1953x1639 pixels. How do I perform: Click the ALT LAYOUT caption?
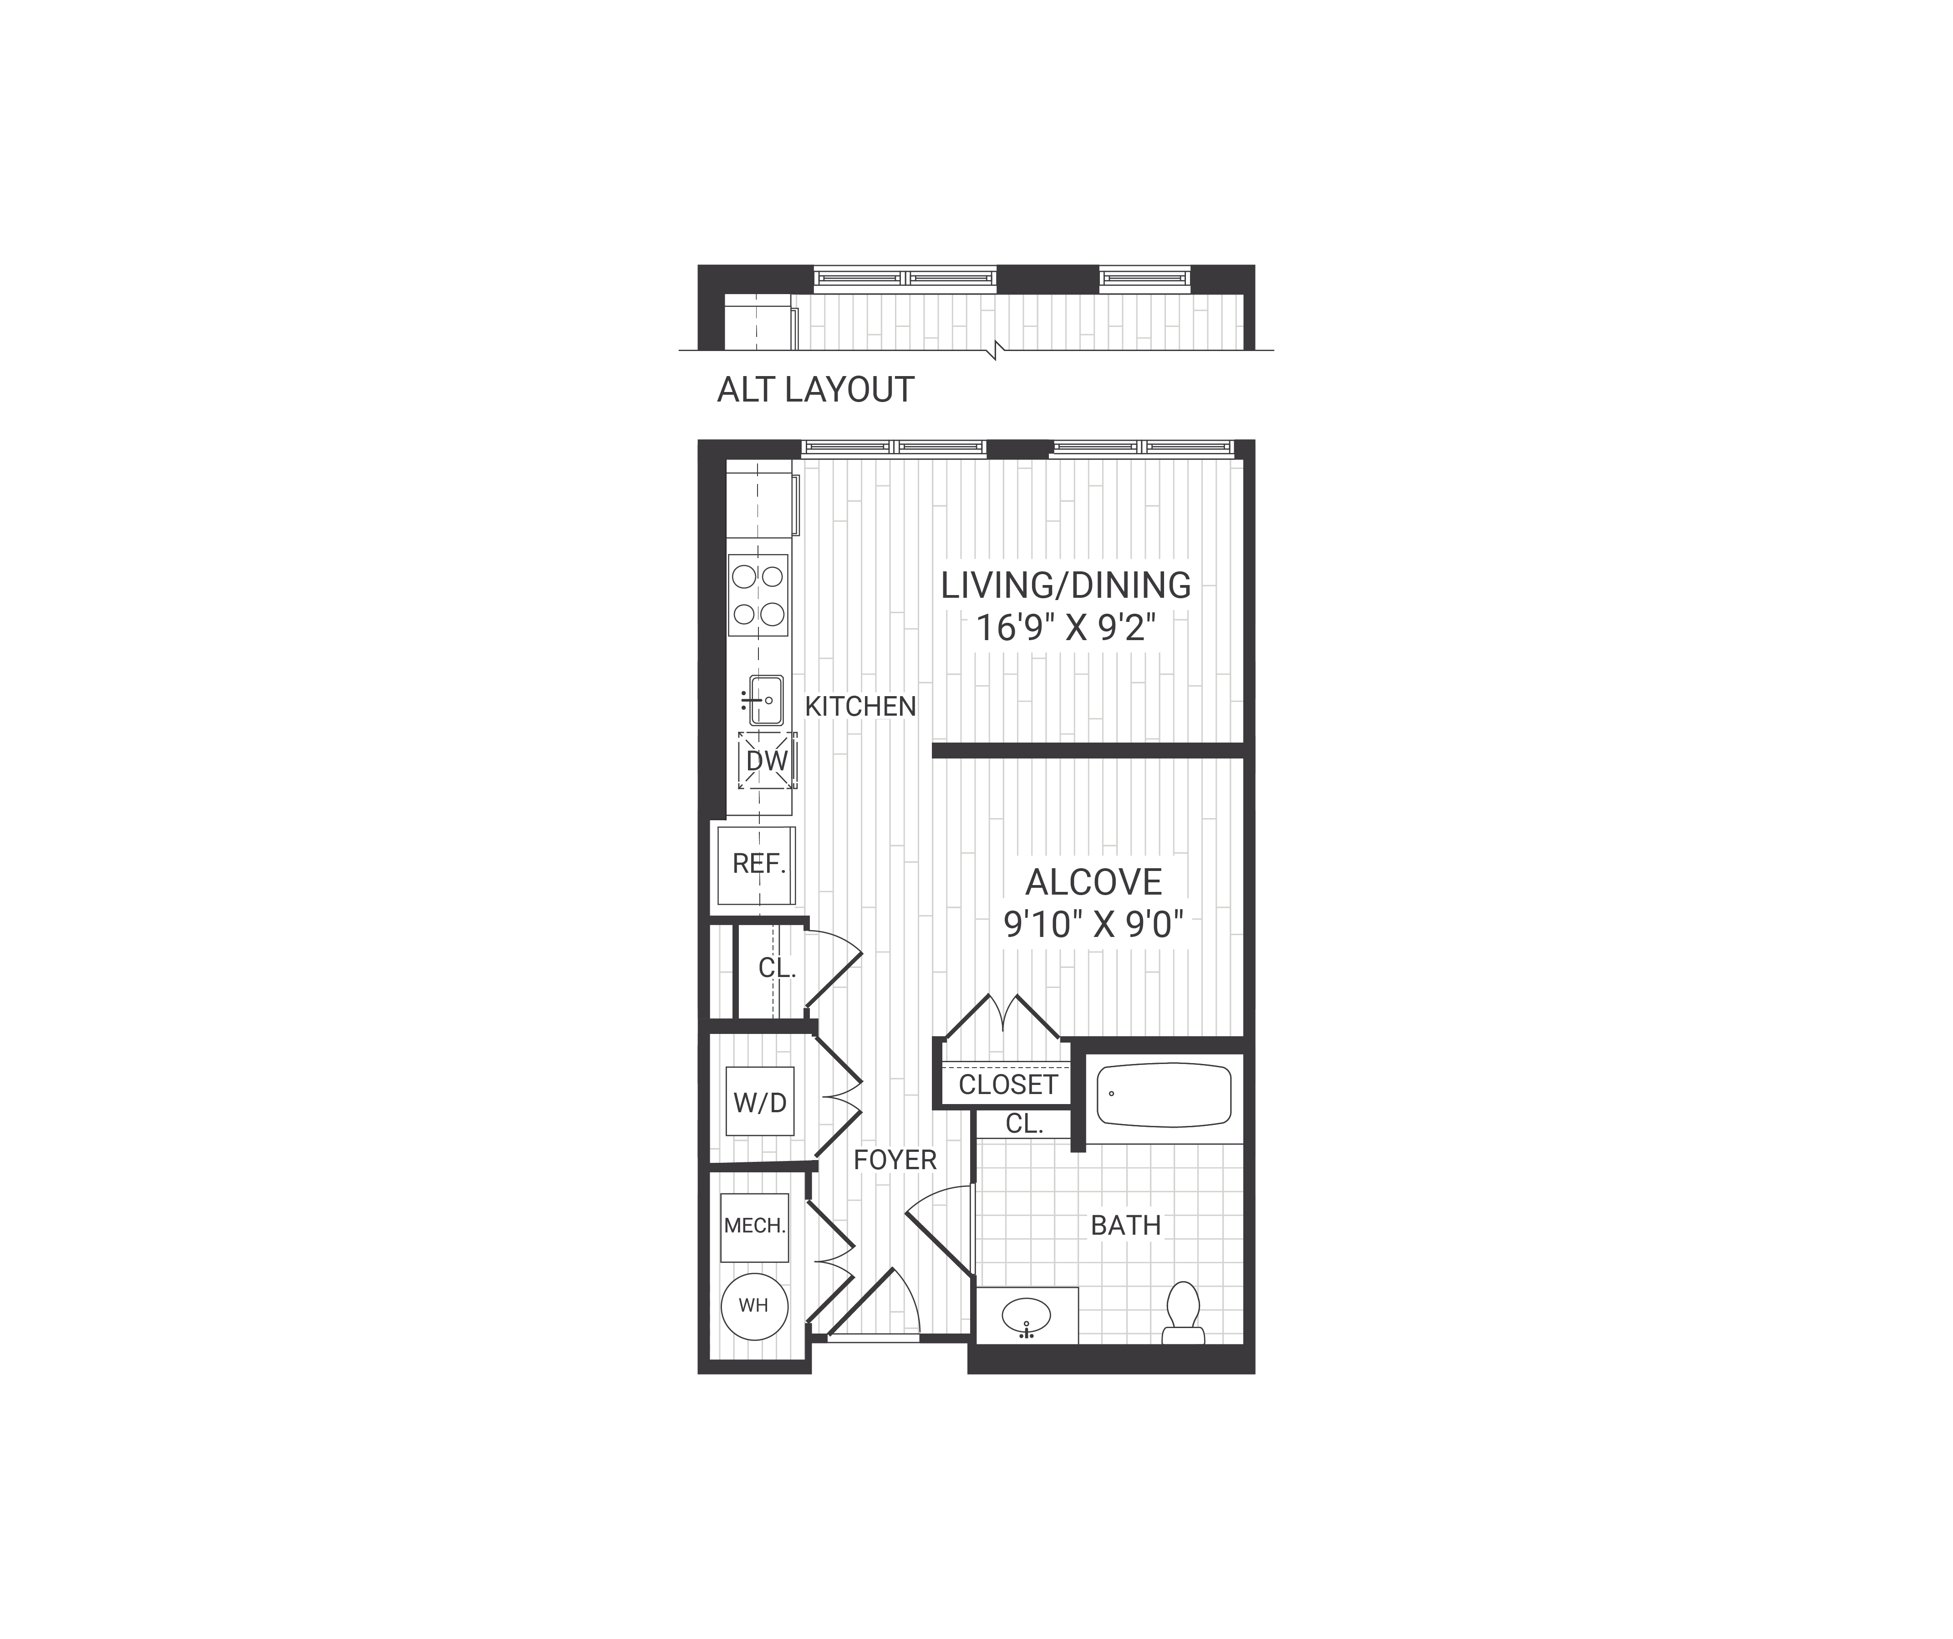pos(816,390)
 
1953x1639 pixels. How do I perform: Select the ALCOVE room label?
pos(1093,882)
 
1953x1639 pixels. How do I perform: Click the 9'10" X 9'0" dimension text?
pos(1093,925)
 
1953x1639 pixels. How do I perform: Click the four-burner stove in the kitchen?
pos(758,596)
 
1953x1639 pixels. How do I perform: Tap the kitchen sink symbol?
pos(764,699)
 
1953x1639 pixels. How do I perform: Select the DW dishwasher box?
pos(767,761)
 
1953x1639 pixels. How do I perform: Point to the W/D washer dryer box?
pos(760,1102)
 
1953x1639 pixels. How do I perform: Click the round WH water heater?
pos(754,1306)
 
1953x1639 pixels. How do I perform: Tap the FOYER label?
pos(895,1160)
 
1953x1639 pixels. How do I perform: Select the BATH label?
pos(1125,1226)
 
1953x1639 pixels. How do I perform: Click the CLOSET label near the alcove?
pos(1008,1084)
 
